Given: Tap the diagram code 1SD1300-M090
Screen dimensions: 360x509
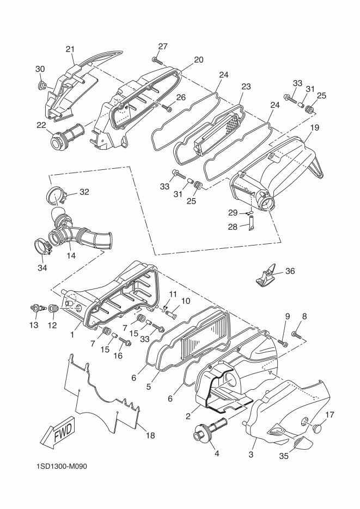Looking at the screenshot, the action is tap(62, 467).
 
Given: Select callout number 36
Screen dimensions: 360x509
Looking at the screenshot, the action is tap(290, 271).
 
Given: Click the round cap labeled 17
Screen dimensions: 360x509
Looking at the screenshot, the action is tap(317, 428).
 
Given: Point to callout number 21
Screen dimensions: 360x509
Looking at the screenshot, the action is tap(70, 49).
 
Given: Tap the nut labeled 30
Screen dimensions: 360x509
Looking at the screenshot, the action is tap(41, 85).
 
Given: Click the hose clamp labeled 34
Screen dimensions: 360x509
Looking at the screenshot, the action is tap(42, 247).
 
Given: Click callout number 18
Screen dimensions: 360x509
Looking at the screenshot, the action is tap(150, 436).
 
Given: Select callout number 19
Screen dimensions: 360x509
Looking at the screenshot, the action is tap(315, 127).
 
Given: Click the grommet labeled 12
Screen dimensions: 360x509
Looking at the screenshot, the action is tap(53, 308).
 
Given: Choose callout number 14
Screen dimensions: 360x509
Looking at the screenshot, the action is tap(71, 255).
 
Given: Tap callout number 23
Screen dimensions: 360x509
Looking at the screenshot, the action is tap(246, 87).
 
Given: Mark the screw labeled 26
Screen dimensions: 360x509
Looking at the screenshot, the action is tap(168, 107).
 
